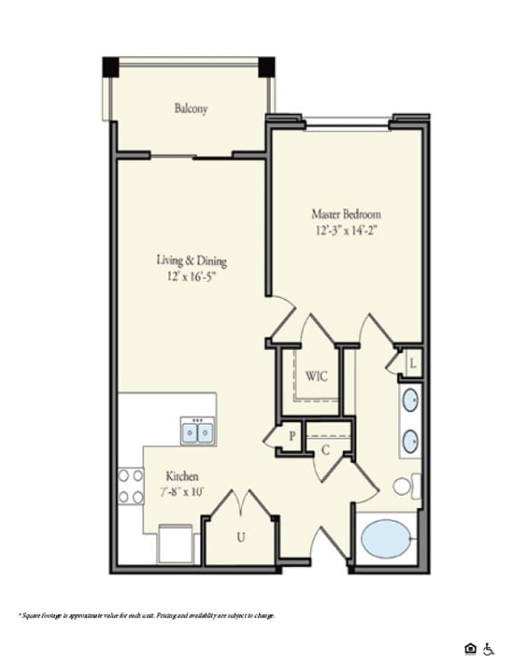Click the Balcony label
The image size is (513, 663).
[x=191, y=109]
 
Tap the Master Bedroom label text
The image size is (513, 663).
[x=346, y=214]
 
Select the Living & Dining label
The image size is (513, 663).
[x=191, y=261]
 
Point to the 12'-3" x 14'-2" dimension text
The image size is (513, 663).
[x=346, y=230]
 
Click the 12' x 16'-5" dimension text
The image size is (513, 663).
[x=191, y=276]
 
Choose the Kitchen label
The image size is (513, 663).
[x=182, y=477]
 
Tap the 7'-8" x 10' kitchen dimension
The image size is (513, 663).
[x=182, y=491]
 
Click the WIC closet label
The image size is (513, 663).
[x=316, y=376]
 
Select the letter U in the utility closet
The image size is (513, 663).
[x=240, y=537]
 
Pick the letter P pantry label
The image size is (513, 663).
[x=291, y=436]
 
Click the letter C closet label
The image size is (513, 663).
[x=325, y=450]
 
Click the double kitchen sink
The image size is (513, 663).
[x=198, y=433]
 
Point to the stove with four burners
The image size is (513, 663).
[x=131, y=486]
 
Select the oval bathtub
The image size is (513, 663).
[x=387, y=539]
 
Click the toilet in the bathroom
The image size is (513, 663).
[x=405, y=487]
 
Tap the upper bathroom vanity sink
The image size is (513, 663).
[x=411, y=400]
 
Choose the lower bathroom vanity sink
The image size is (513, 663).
[x=411, y=441]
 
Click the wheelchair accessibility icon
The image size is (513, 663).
[x=487, y=648]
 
